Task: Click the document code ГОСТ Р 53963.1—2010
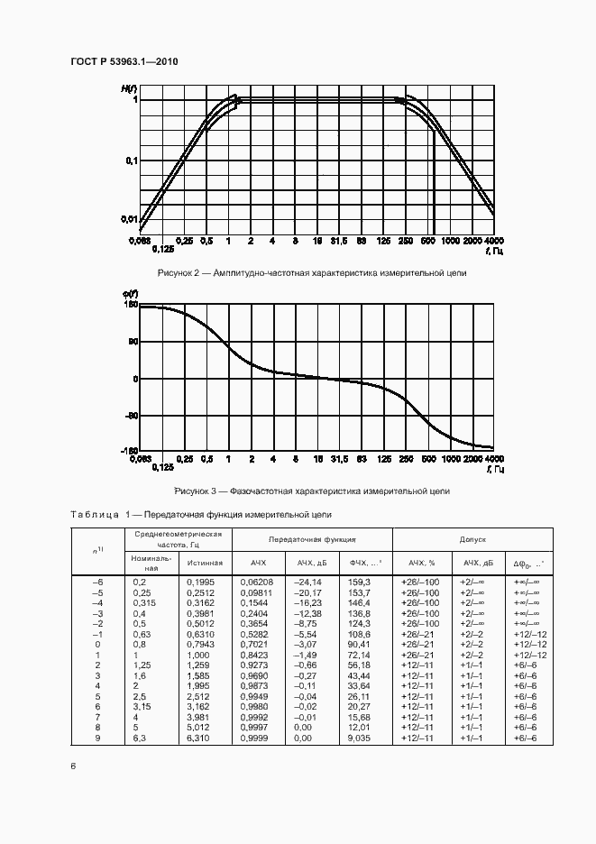(x=124, y=61)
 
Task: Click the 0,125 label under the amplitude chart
(x=162, y=250)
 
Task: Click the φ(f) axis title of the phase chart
(x=129, y=295)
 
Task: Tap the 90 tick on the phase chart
(x=131, y=343)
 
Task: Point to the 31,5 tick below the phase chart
(x=339, y=460)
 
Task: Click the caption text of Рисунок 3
(x=311, y=491)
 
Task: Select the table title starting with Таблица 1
(x=201, y=515)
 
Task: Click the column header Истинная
(x=205, y=563)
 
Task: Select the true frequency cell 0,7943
(x=200, y=645)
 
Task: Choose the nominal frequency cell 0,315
(x=145, y=602)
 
